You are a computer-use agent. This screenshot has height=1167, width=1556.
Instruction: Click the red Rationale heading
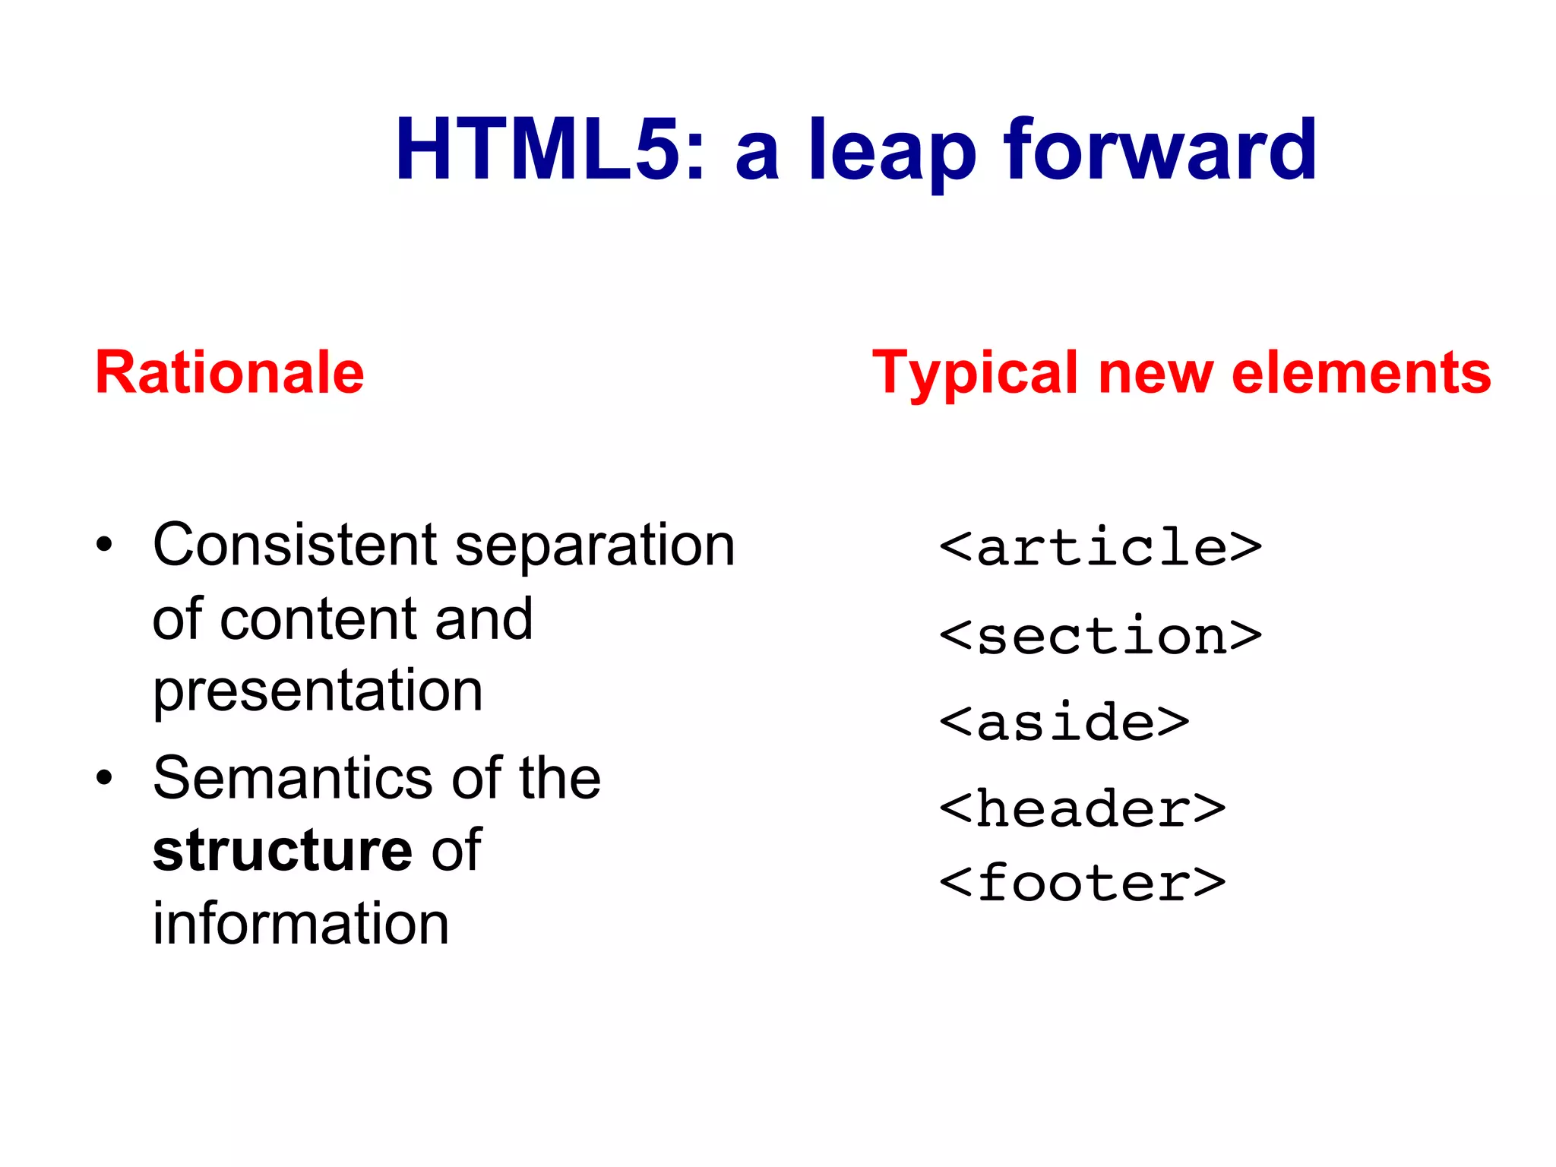[x=229, y=372]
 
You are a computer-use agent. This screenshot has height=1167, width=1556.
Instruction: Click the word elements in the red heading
[x=1361, y=372]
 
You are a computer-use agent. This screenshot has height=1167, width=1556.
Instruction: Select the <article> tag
[x=1100, y=548]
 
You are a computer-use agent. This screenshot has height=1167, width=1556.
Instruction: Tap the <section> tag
[x=1100, y=636]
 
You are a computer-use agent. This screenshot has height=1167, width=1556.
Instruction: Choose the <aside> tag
[x=1064, y=723]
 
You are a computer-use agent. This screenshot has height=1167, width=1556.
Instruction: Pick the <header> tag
[x=1082, y=809]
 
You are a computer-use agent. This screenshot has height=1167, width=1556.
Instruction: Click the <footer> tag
[x=1082, y=883]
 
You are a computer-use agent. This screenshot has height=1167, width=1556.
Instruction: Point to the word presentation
[x=318, y=691]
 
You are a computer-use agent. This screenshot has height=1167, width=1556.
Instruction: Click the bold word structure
[x=282, y=850]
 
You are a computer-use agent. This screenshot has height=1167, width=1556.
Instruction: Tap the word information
[x=301, y=923]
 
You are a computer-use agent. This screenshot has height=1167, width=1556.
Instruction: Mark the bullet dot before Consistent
[x=104, y=545]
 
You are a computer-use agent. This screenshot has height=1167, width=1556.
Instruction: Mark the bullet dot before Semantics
[x=104, y=778]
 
